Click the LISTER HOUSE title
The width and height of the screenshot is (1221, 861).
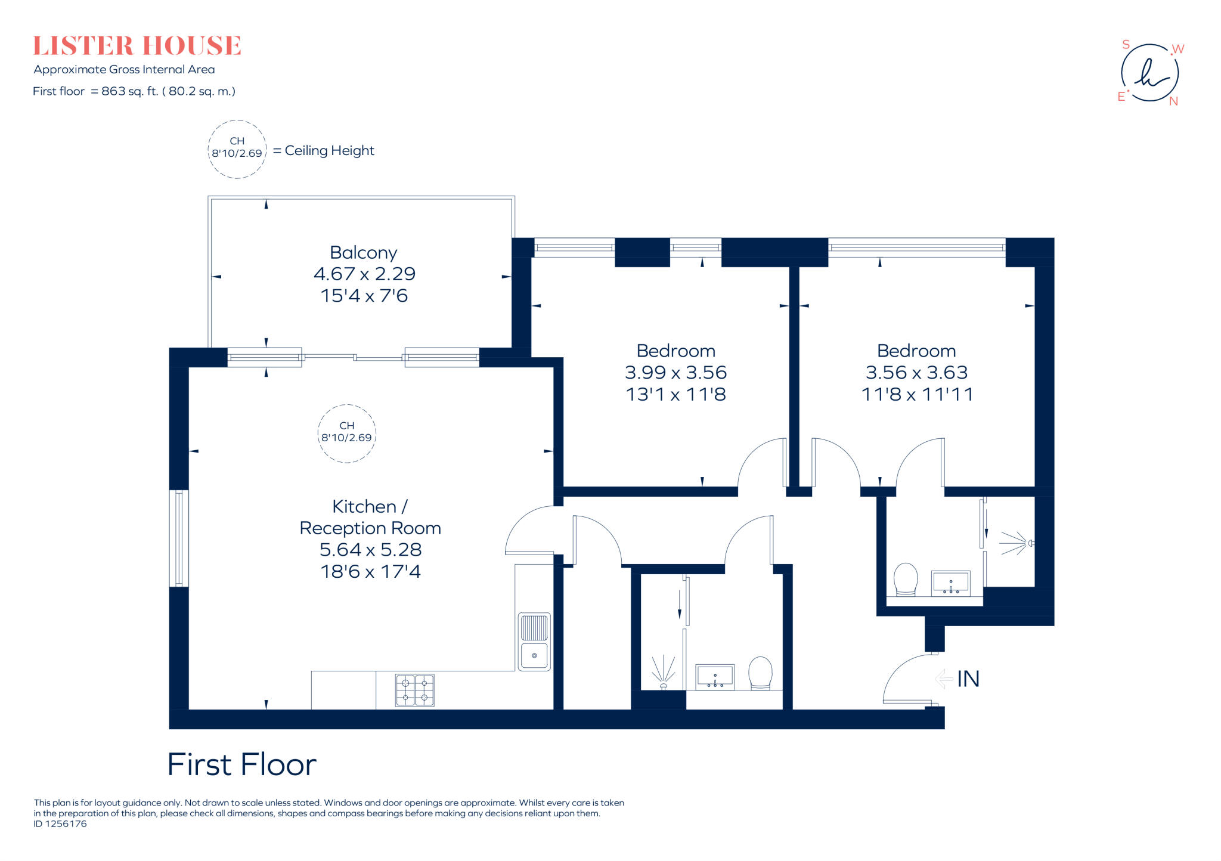(x=137, y=46)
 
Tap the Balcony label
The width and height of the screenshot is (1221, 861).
(x=363, y=253)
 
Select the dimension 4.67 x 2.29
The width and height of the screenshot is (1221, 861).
(x=364, y=274)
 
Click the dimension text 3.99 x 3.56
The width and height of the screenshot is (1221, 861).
(x=675, y=373)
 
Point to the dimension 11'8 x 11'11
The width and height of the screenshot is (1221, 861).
(x=916, y=394)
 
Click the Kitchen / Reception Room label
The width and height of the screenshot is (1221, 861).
(x=370, y=517)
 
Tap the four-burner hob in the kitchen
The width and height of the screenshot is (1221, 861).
(x=415, y=690)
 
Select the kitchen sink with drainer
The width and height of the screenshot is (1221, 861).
(x=534, y=642)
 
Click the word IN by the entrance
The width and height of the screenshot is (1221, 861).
(x=968, y=679)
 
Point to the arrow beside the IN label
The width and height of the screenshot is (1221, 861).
(x=944, y=679)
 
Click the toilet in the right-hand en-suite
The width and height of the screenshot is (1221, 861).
(x=905, y=579)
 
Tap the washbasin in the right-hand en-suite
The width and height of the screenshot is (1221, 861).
(x=950, y=583)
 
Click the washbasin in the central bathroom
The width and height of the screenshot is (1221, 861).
(x=715, y=677)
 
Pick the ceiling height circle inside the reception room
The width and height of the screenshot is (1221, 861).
(x=346, y=433)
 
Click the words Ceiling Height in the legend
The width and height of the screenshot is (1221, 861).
(x=329, y=151)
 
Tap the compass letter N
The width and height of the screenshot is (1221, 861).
(x=1173, y=101)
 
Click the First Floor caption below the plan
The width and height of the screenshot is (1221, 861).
(x=241, y=764)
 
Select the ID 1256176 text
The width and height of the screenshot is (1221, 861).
(x=60, y=824)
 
